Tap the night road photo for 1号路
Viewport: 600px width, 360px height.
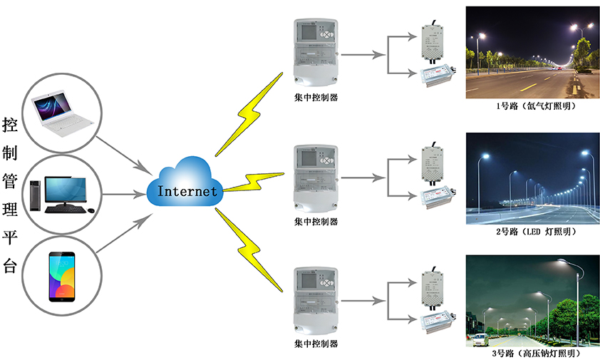pos(530,53)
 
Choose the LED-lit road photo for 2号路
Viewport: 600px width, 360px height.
pos(530,178)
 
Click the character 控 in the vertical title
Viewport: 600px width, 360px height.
pos(11,125)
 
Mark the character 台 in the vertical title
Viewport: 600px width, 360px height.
pos(11,267)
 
